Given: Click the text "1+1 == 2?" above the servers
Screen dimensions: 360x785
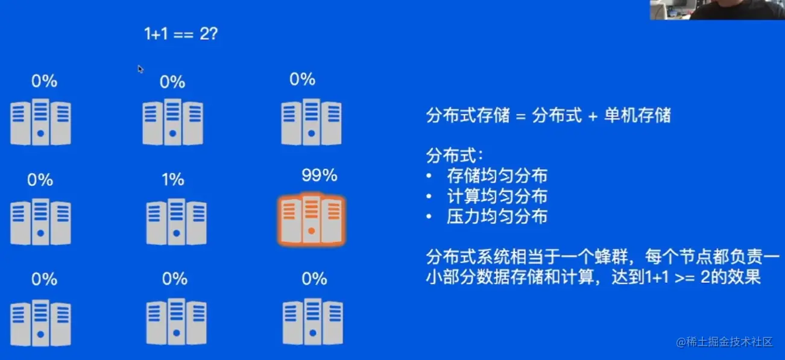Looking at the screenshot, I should coord(180,34).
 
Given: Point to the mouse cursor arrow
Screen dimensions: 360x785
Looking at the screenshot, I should coord(140,69).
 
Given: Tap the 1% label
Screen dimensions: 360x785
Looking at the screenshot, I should coord(173,180).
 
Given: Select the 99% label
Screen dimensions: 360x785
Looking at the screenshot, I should coord(319,176).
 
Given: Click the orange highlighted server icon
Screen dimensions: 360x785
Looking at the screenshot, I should coord(311,220).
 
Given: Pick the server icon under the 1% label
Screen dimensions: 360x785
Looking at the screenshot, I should coord(176,222).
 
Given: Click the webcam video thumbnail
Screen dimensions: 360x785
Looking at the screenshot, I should coord(717,10).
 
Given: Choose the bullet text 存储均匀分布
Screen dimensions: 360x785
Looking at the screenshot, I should coord(497,176).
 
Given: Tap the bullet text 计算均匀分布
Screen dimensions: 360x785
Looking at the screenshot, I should coord(497,197).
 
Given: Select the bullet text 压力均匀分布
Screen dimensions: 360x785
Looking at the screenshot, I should coord(497,217).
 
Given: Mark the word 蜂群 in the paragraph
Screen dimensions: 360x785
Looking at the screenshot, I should coord(611,257).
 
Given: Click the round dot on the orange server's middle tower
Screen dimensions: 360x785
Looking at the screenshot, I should coord(311,232).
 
